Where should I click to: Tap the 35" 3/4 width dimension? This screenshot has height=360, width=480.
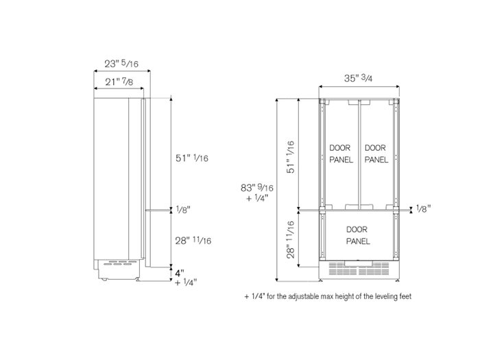[x=359, y=77]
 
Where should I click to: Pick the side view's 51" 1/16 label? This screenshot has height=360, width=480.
[x=192, y=158]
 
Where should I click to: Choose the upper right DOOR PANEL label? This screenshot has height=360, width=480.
[x=376, y=154]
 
